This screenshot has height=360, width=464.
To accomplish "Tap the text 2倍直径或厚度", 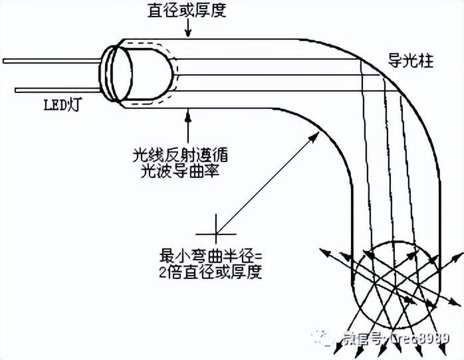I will (x=212, y=272).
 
